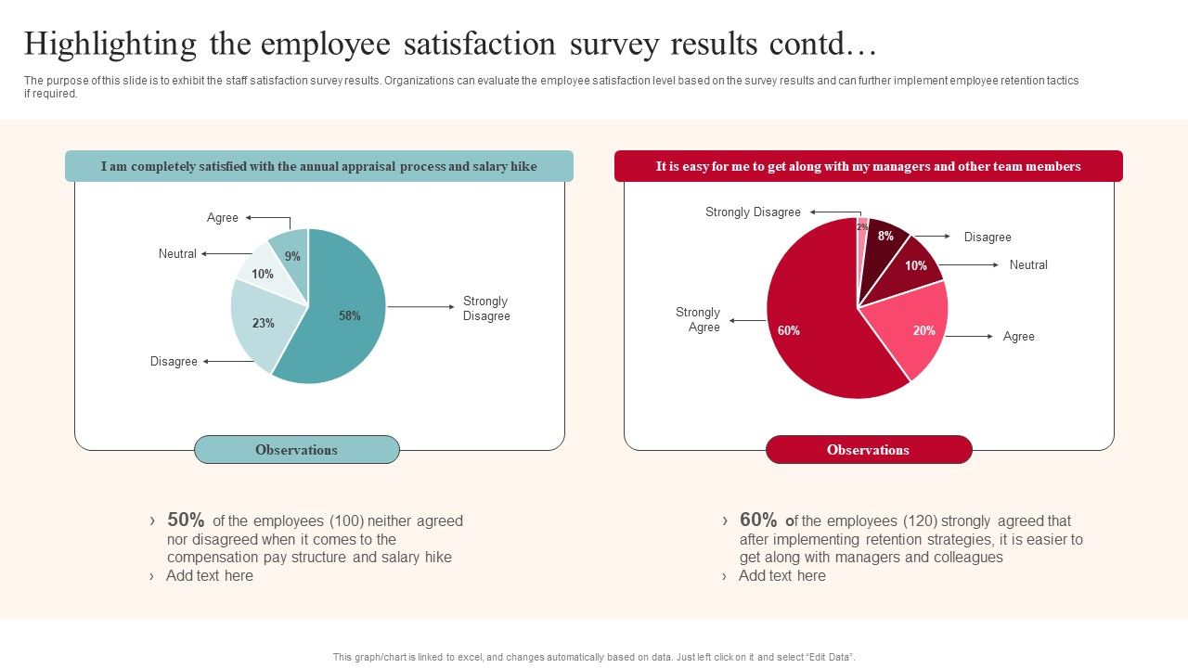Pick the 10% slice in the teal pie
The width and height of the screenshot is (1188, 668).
[x=264, y=273]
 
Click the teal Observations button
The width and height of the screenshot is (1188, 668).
[x=296, y=450]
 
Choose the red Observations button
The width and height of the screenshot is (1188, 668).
[x=868, y=450]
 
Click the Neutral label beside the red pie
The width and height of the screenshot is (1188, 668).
[x=1028, y=265]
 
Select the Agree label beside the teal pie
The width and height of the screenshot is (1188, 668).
[x=223, y=218]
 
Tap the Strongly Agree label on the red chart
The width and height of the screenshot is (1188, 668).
[x=698, y=319]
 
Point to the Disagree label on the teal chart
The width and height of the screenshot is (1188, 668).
[x=174, y=362]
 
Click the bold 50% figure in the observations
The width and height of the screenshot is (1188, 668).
[x=186, y=520]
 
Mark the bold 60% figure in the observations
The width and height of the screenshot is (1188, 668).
[x=758, y=520]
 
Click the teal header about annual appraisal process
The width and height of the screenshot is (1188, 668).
[x=318, y=167]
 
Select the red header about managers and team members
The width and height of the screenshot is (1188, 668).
[x=868, y=167]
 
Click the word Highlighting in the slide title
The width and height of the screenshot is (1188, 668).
[x=110, y=44]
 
